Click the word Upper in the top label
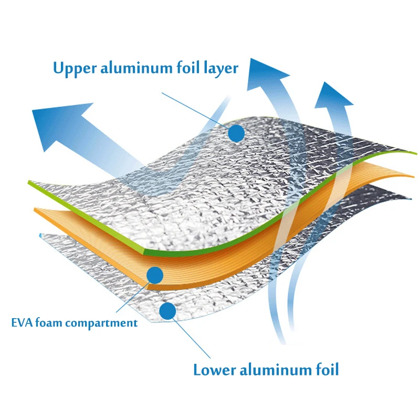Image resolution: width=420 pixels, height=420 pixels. [x=75, y=69]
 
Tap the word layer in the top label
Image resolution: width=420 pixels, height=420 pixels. [x=221, y=69]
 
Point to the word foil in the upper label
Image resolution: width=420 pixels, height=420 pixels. [x=188, y=67]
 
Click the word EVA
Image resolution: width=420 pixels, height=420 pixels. [x=22, y=322]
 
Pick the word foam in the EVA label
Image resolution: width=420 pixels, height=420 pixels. [x=49, y=322]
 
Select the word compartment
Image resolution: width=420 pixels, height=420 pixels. [x=101, y=323]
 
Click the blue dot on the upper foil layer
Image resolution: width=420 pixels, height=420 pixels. [x=237, y=133]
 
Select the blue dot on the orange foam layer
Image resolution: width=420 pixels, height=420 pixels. [x=155, y=275]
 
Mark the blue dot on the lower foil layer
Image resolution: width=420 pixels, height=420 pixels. [x=167, y=311]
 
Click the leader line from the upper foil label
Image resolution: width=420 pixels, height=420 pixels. [x=195, y=109]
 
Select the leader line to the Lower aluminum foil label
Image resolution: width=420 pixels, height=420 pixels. [x=191, y=338]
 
